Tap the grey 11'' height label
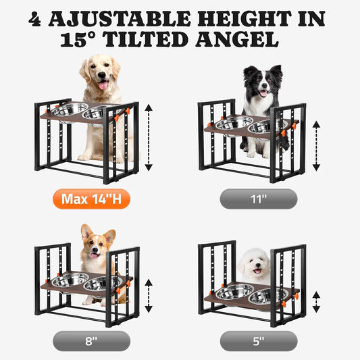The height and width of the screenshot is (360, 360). tap(258, 199)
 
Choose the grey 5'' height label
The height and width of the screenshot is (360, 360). tap(258, 340)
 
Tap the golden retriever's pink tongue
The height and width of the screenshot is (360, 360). tap(103, 85)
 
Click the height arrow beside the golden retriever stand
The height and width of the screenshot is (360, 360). tap(149, 134)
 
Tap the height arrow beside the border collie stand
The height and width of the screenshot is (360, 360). tap(316, 143)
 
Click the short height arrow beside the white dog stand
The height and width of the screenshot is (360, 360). tap(316, 297)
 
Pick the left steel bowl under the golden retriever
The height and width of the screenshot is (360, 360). tap(70, 109)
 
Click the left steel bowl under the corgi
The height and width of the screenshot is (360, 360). tap(72, 279)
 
